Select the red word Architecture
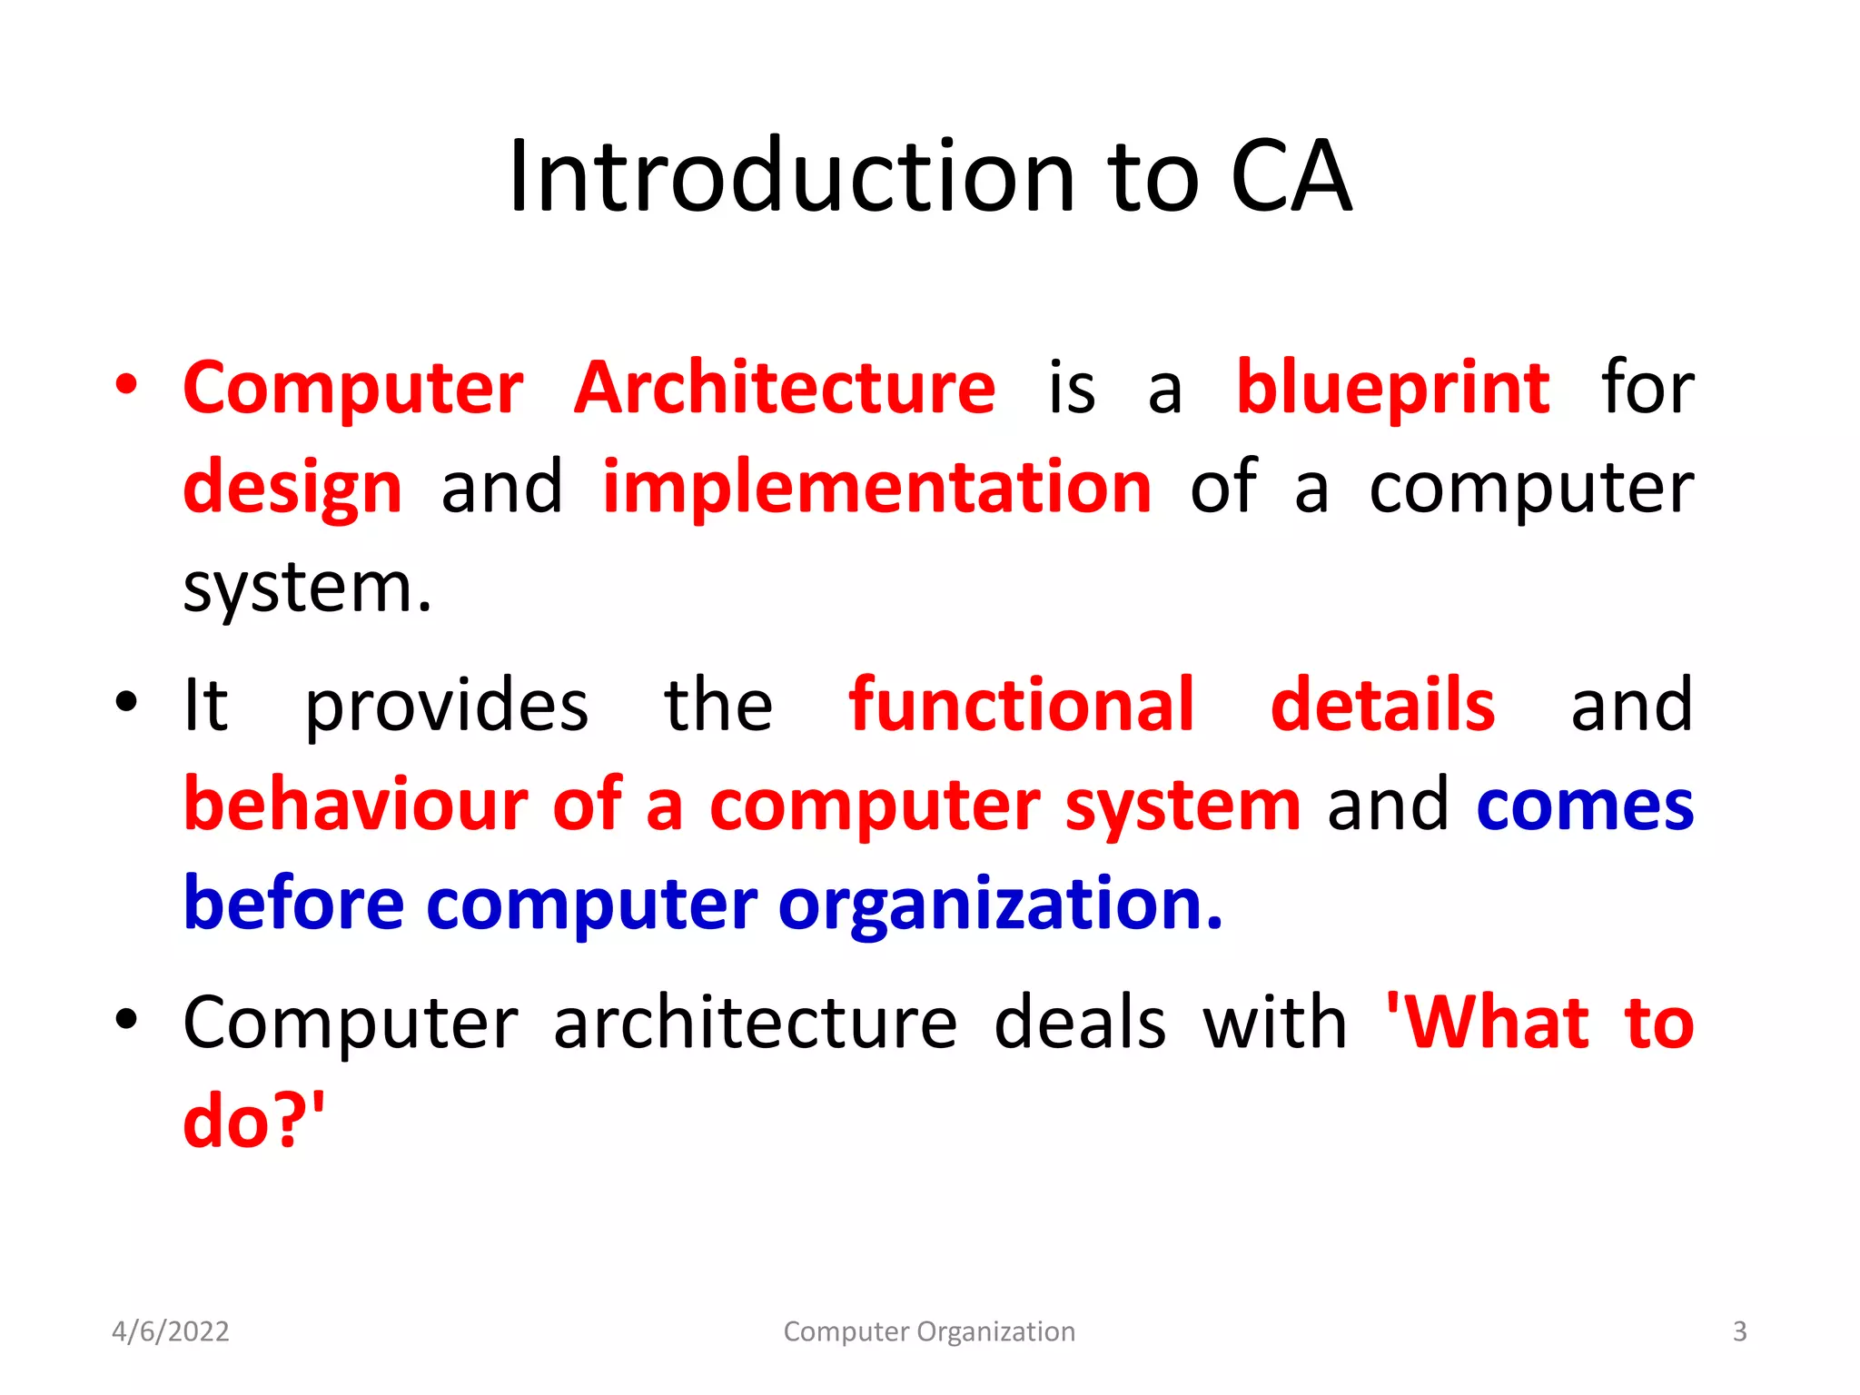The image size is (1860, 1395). (x=785, y=388)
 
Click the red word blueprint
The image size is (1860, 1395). (x=1392, y=388)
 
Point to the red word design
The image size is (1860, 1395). (x=292, y=489)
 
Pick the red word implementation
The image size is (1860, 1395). (x=876, y=488)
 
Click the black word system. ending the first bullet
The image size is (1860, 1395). (x=307, y=589)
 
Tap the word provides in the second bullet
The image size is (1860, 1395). (x=446, y=707)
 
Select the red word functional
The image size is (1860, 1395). (x=1021, y=705)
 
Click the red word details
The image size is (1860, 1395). (x=1381, y=705)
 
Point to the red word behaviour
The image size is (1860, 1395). (x=356, y=805)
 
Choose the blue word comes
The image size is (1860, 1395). (x=1585, y=806)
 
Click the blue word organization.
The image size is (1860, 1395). (x=1000, y=905)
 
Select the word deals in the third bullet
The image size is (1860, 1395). (x=1079, y=1024)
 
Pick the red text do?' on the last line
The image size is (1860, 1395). (x=253, y=1122)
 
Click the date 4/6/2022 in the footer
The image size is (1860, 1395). (x=170, y=1331)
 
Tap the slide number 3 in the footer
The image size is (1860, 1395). (x=1739, y=1331)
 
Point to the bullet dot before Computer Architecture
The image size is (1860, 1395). (x=126, y=385)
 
